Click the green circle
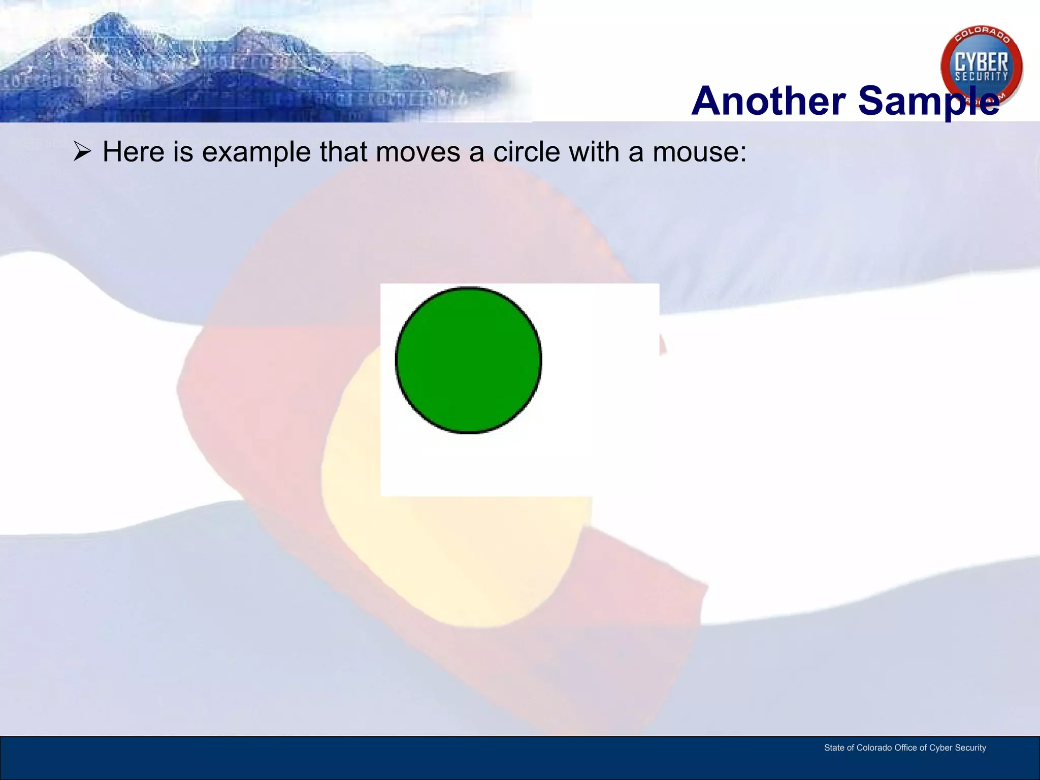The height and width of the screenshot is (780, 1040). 468,360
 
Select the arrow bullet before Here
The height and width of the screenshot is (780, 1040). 82,152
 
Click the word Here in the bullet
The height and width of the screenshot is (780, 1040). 134,152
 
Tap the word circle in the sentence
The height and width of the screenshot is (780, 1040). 526,152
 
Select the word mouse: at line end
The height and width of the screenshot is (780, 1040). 700,152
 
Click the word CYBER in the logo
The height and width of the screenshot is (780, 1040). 982,62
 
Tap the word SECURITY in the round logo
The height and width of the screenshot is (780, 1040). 982,77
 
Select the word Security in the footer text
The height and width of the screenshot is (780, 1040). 970,747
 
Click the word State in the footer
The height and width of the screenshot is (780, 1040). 834,747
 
